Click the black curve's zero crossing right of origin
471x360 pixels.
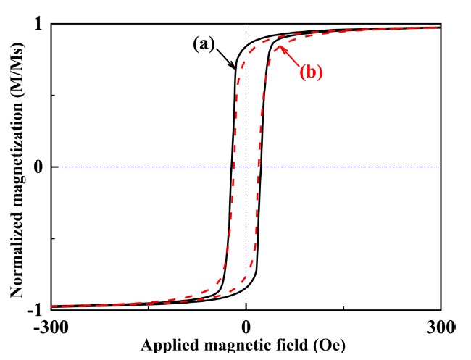(x=260, y=167)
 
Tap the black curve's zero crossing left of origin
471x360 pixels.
(x=232, y=167)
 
